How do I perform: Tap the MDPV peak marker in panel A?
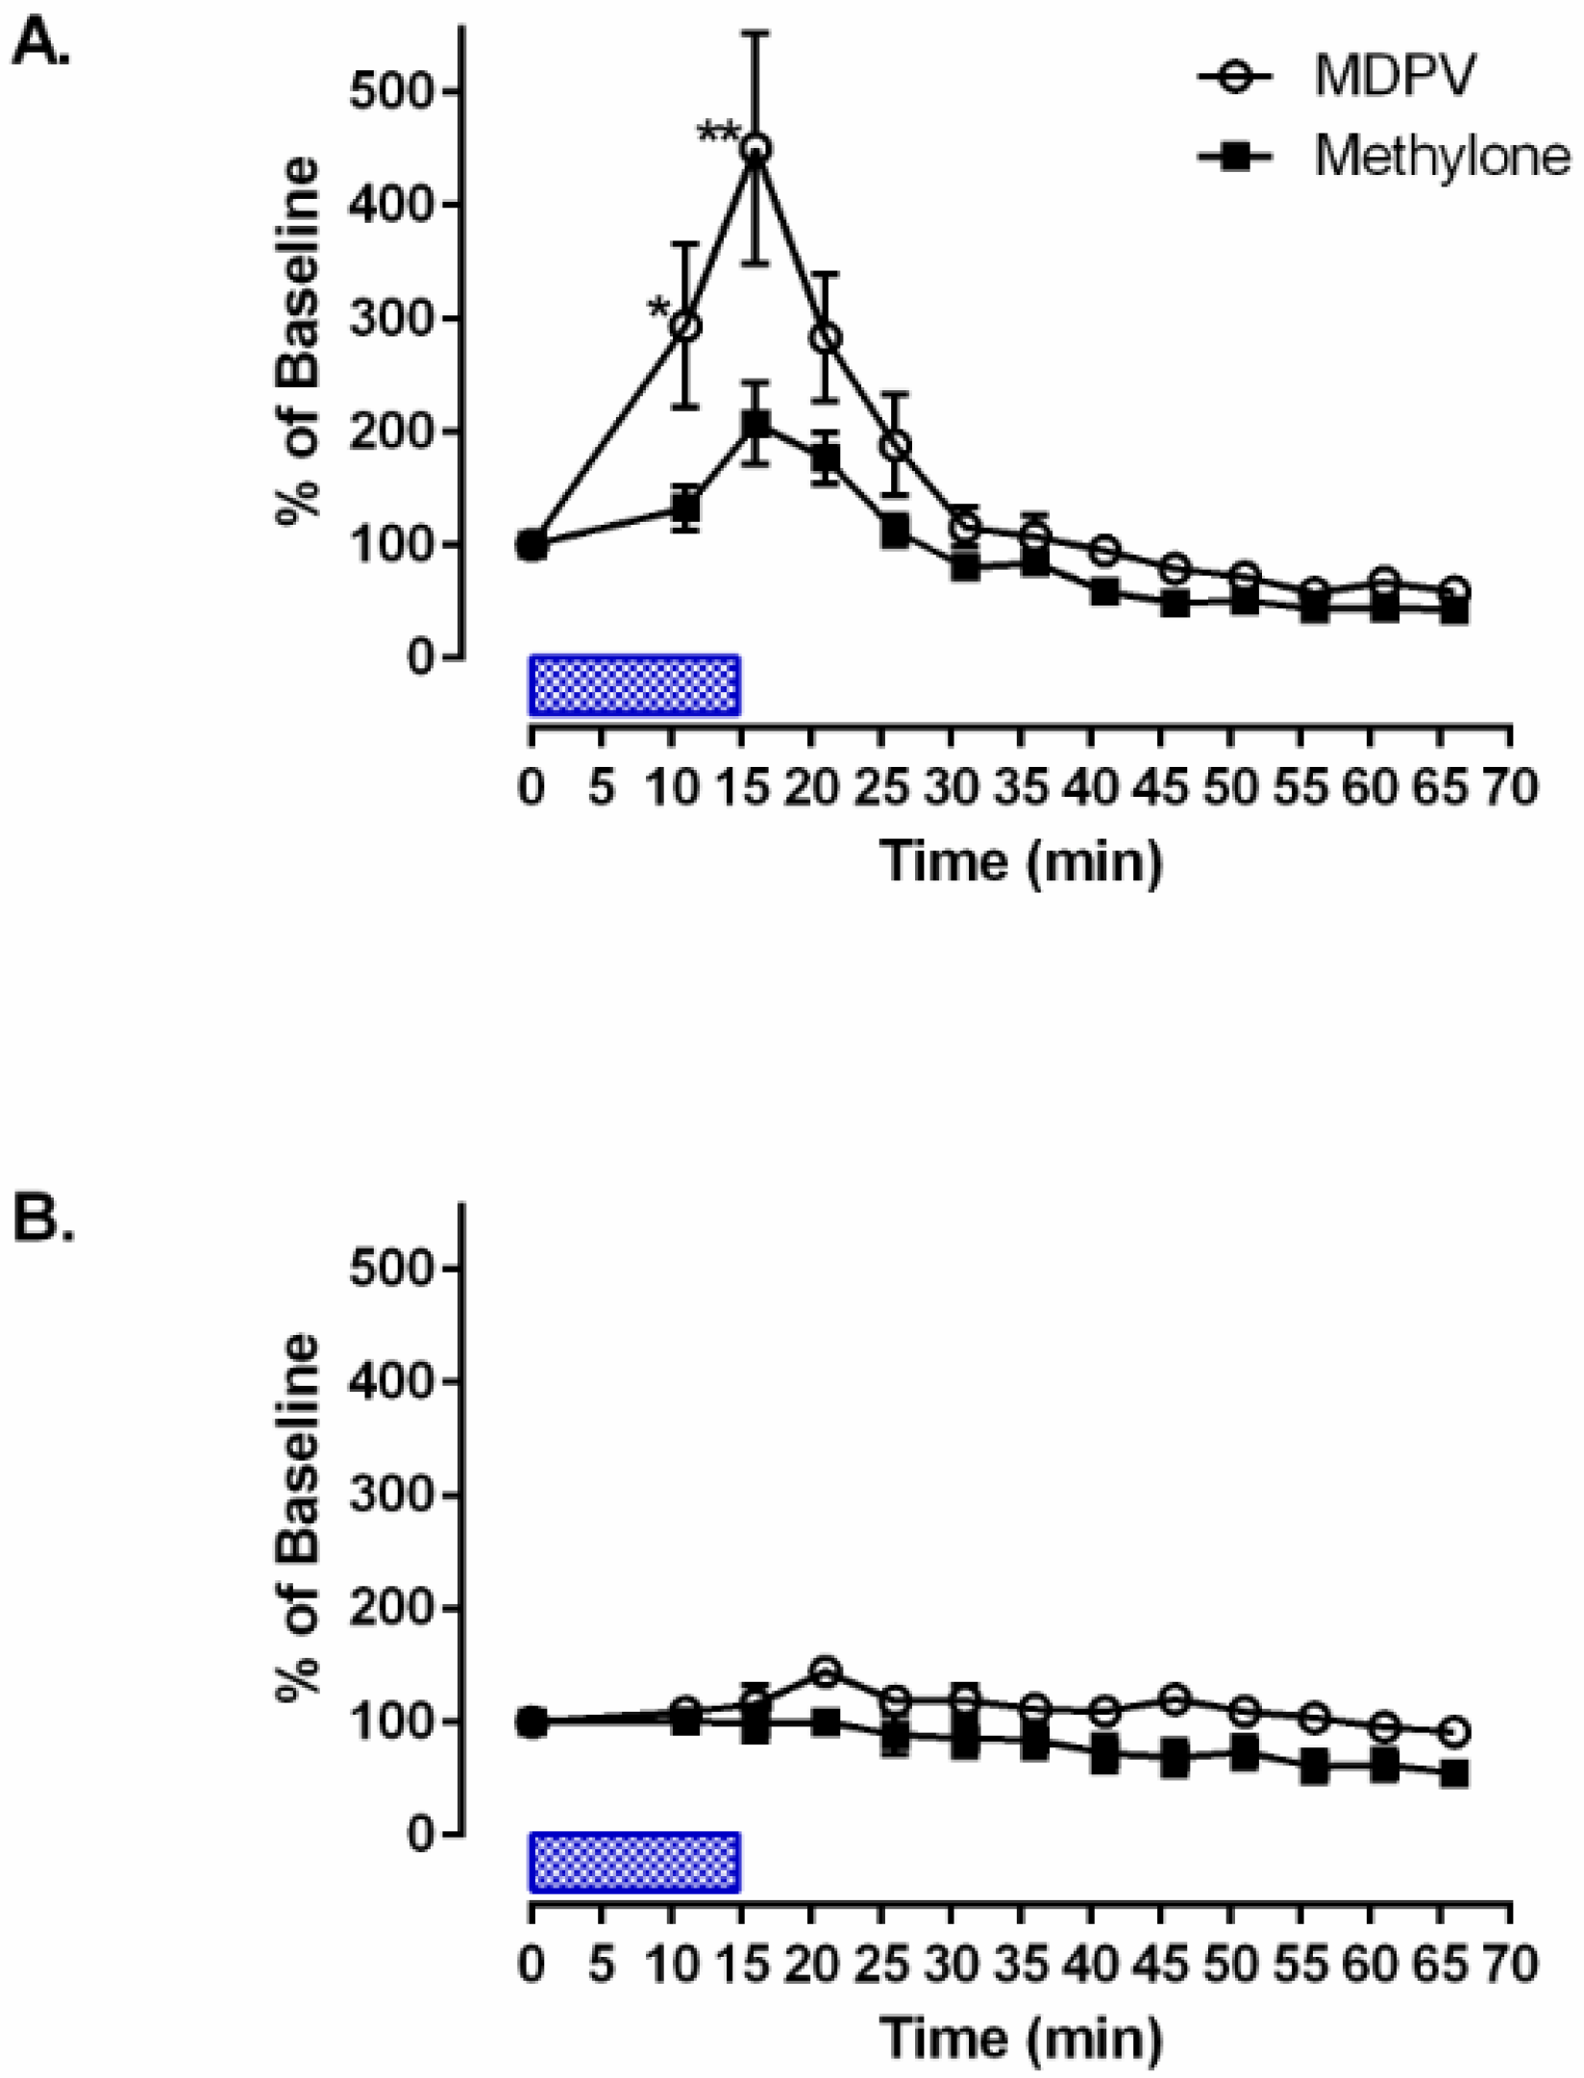755,148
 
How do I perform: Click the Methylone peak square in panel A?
755,425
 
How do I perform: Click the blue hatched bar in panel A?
634,685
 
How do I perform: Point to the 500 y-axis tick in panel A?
395,92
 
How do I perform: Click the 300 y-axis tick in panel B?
395,1496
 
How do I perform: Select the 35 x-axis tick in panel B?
1022,1965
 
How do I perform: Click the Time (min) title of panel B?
1021,2038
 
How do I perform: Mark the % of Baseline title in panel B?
298,1519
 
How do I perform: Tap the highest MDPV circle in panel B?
825,1671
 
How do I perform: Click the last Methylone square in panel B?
1454,1773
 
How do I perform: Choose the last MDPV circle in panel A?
1454,591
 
